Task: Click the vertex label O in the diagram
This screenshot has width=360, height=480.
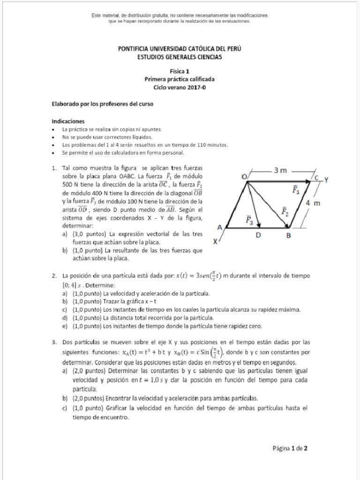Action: point(244,176)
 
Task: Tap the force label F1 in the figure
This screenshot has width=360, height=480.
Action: point(296,190)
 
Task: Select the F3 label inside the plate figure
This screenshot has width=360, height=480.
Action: point(250,219)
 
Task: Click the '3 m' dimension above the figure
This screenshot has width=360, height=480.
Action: point(280,170)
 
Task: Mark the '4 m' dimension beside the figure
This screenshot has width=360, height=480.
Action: point(312,203)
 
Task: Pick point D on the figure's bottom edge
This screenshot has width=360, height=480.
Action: point(259,236)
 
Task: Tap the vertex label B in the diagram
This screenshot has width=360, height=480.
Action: point(289,236)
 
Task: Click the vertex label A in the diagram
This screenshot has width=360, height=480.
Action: point(219,226)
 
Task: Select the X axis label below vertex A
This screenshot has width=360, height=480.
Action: point(215,242)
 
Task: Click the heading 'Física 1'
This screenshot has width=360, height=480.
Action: point(180,72)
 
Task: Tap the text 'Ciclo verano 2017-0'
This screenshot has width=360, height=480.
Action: point(180,87)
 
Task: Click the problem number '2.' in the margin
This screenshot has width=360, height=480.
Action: point(54,276)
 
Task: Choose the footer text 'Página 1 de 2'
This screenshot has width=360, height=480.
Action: point(290,448)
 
